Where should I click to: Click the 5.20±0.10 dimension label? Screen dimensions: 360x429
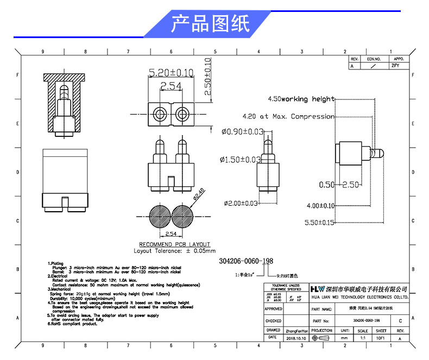tap(171, 72)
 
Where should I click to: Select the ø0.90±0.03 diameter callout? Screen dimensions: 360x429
tap(243, 131)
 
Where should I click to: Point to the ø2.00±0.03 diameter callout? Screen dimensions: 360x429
tap(241, 204)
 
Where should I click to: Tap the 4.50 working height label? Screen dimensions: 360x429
tap(301, 99)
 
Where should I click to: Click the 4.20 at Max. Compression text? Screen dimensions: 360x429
tap(288, 116)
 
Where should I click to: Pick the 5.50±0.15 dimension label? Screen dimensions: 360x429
tap(320, 223)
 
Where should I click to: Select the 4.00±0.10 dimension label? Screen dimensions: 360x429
tap(320, 206)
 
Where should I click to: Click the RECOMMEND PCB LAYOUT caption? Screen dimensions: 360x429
tap(174, 245)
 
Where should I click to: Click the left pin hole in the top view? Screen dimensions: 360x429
tap(160, 114)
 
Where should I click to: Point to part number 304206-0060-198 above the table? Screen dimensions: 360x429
tap(246, 261)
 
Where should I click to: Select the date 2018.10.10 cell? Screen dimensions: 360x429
tap(295, 338)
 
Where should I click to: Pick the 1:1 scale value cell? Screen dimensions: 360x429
tap(363, 338)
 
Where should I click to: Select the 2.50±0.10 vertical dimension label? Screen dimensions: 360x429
tap(207, 77)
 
